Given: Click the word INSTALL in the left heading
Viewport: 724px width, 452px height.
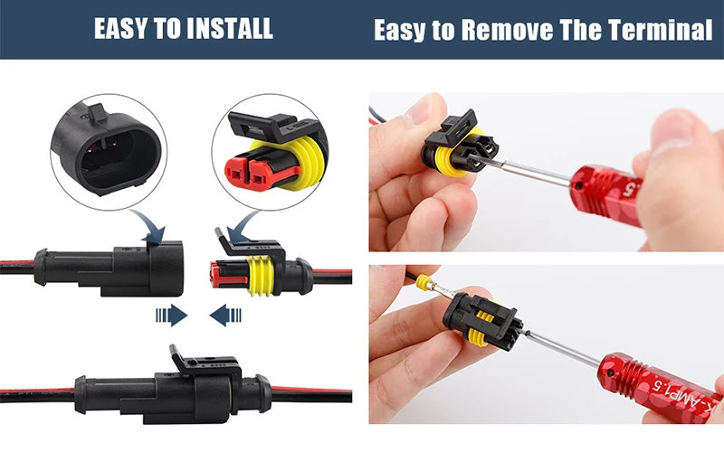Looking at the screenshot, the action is coord(229,29).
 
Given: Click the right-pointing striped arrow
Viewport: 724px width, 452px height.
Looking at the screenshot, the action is coord(172,315).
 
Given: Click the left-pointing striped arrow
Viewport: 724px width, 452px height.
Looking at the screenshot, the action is coord(225,315).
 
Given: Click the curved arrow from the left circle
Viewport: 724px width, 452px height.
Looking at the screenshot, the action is coord(148,226).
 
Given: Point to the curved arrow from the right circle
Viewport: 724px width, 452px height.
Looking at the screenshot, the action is coord(243,227).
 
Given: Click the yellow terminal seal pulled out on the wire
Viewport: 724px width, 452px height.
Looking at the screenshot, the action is coord(423,282).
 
